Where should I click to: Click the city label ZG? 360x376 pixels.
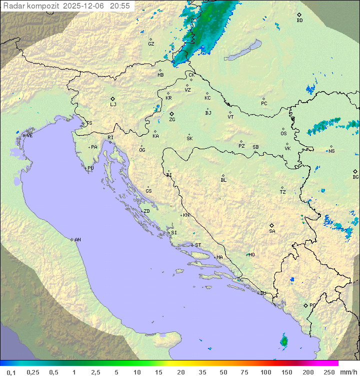point(172,120)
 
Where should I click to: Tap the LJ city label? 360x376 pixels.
point(113,105)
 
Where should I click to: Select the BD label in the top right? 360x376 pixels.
point(299,21)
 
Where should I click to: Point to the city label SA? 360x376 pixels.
point(272,231)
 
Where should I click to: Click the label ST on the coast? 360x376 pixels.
point(198,245)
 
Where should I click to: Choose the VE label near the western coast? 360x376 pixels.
point(29,136)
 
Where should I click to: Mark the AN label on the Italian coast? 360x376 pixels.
point(77,240)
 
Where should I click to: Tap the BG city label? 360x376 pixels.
point(355,177)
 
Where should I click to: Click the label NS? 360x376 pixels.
point(331,151)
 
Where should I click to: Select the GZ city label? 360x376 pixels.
point(151,44)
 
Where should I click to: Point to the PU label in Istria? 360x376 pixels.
point(90,168)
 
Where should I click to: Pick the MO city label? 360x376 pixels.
point(251,254)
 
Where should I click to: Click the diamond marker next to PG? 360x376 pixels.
point(305,305)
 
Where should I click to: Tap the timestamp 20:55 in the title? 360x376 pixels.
point(120,6)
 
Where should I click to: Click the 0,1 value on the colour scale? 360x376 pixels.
point(11,372)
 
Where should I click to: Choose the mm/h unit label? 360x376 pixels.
point(348,372)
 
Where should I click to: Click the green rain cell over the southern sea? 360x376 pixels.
point(284,341)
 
